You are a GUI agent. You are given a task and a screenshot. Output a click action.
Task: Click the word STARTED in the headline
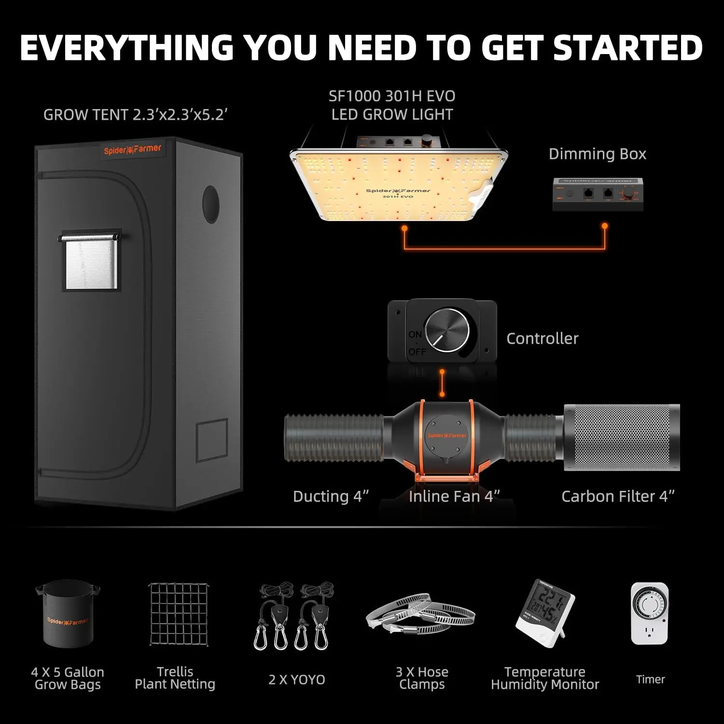[627, 48]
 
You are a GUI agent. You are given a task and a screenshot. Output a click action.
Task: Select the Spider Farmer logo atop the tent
[132, 150]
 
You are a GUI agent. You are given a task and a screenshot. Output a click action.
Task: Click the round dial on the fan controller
[447, 331]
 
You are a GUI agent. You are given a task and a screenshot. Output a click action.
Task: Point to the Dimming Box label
[597, 154]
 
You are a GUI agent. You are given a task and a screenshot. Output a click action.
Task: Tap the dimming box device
[598, 195]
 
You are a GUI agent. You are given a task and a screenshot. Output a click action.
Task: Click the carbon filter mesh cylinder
[622, 438]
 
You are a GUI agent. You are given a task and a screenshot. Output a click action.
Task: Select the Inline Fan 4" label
[454, 496]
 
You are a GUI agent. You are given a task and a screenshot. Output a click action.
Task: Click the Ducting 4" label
[331, 496]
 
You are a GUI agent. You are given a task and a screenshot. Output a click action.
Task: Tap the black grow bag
[68, 615]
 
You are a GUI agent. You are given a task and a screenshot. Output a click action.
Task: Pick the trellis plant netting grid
[179, 614]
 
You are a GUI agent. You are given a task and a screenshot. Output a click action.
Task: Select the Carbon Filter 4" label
[618, 496]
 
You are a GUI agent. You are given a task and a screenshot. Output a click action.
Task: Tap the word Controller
[542, 338]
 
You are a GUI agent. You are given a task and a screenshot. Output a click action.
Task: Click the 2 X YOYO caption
[297, 680]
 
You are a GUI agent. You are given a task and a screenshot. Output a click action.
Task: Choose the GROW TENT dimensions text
[135, 115]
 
